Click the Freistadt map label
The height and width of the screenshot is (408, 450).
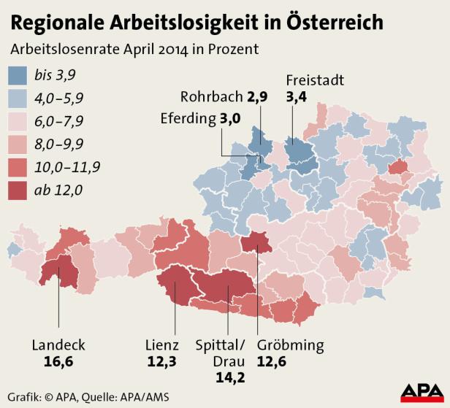coord(315,80)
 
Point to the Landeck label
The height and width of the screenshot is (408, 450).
coord(59,345)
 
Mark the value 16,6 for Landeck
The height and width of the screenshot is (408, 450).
coord(58,361)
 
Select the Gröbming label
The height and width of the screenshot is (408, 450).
coord(291,345)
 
